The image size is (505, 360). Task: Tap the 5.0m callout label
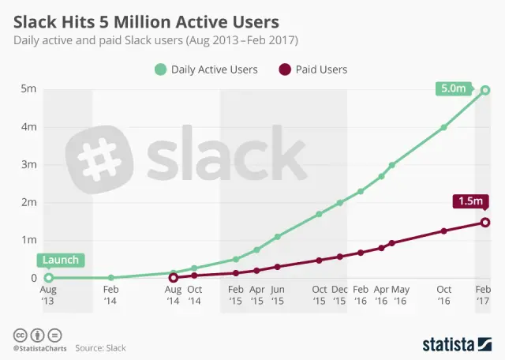[x=453, y=89]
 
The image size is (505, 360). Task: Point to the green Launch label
[x=60, y=260]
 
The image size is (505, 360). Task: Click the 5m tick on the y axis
[x=28, y=89]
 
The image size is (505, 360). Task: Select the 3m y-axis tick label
[x=28, y=164]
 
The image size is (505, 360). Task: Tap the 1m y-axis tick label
[x=28, y=240]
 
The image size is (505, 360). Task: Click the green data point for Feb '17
[x=485, y=90]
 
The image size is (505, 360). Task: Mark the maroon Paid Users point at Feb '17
[x=485, y=222]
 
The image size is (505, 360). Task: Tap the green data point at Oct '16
[x=444, y=127]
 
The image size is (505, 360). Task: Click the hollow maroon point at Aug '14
[x=174, y=278]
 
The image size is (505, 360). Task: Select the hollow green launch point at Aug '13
[x=49, y=278]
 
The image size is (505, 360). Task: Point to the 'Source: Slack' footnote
[x=100, y=347]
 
